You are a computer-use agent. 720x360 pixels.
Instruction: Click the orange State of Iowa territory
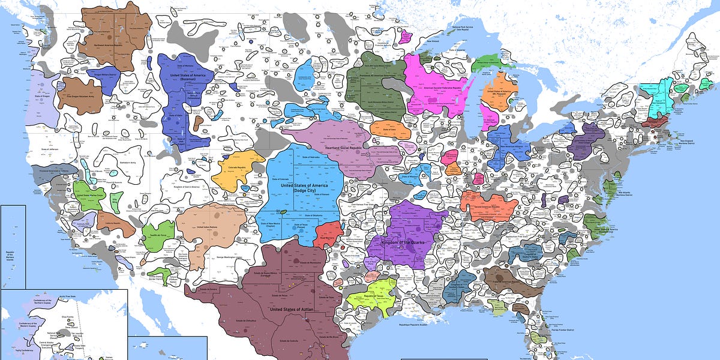click(390, 128)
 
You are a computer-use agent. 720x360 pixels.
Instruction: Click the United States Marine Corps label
click(89, 196)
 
